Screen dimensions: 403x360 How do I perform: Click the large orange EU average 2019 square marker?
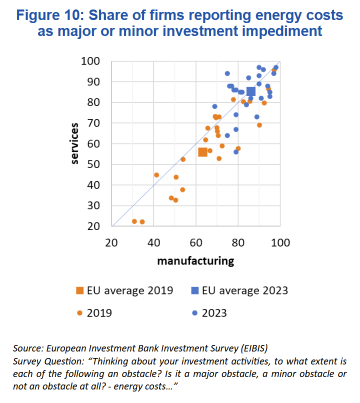point(203,152)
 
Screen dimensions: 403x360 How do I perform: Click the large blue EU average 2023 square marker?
point(251,91)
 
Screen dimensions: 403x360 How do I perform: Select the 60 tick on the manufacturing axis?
point(195,243)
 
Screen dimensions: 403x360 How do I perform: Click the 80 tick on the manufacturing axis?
point(238,243)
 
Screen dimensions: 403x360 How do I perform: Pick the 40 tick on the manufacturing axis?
point(153,243)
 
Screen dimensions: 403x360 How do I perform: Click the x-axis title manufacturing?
point(195,260)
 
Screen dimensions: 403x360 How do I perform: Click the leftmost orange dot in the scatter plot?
point(134,221)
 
